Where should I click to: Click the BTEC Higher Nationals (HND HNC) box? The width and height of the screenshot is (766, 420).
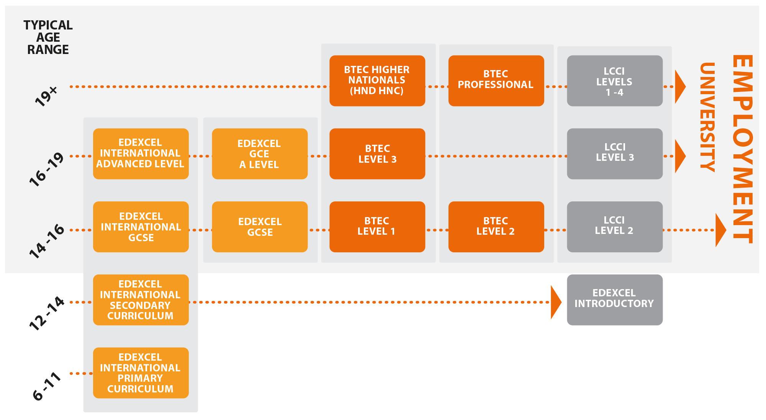[x=377, y=81]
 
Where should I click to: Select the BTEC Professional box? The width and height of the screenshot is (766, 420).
[x=496, y=81]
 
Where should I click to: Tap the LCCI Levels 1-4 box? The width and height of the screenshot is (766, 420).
[x=614, y=81]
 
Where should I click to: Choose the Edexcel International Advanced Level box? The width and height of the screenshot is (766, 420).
[x=141, y=154]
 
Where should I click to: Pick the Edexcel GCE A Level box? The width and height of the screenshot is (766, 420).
[x=260, y=154]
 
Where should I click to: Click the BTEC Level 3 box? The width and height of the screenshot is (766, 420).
[x=377, y=154]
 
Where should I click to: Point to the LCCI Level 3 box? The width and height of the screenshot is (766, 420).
[x=614, y=154]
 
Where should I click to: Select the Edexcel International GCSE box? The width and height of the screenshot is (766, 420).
[x=141, y=227]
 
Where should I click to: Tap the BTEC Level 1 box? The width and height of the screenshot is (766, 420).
[x=377, y=227]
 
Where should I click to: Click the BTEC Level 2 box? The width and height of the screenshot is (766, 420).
[x=496, y=227]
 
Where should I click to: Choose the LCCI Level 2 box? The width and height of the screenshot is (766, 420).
[x=614, y=227]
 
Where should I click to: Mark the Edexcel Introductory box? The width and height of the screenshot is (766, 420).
[x=614, y=300]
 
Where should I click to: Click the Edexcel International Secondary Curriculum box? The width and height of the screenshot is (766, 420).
[x=141, y=300]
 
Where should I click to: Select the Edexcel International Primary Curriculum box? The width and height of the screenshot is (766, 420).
[x=141, y=373]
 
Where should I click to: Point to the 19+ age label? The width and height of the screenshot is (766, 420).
[x=46, y=96]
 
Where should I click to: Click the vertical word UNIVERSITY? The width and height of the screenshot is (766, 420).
[x=707, y=117]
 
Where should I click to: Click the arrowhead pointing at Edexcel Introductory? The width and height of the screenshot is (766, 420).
[x=555, y=302]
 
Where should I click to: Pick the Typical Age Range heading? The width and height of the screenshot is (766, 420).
[x=48, y=38]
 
